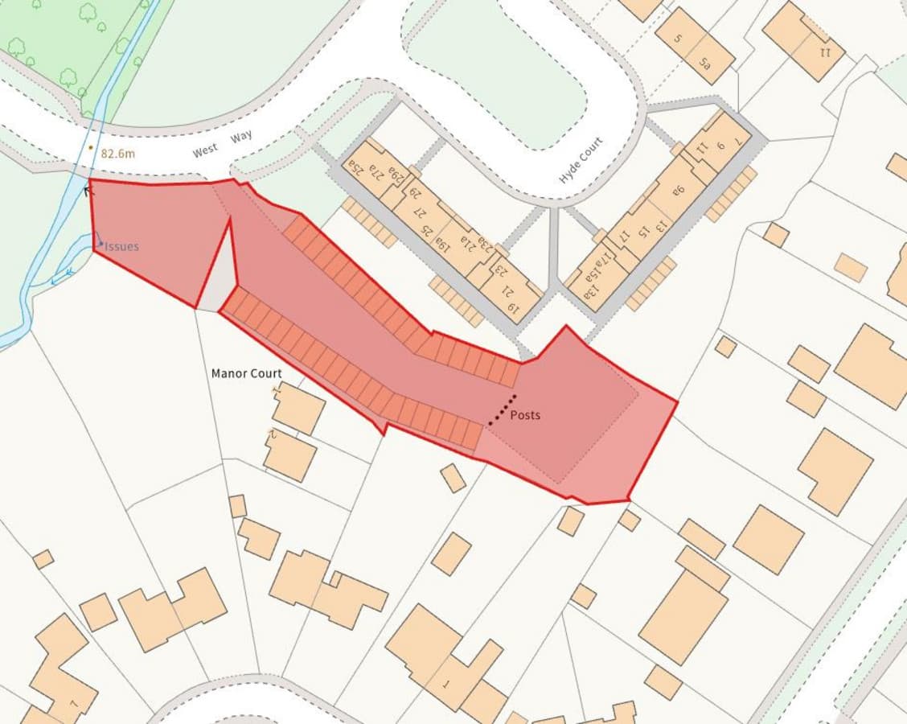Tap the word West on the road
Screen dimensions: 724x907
pyautogui.click(x=205, y=151)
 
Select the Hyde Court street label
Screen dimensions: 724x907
pyautogui.click(x=581, y=159)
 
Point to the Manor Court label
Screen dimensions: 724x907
pyautogui.click(x=246, y=373)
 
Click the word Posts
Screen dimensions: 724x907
pyautogui.click(x=525, y=415)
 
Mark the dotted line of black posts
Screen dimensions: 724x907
pyautogui.click(x=503, y=409)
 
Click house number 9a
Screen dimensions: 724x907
pyautogui.click(x=677, y=191)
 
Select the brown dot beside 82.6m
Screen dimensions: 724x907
pyautogui.click(x=91, y=148)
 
